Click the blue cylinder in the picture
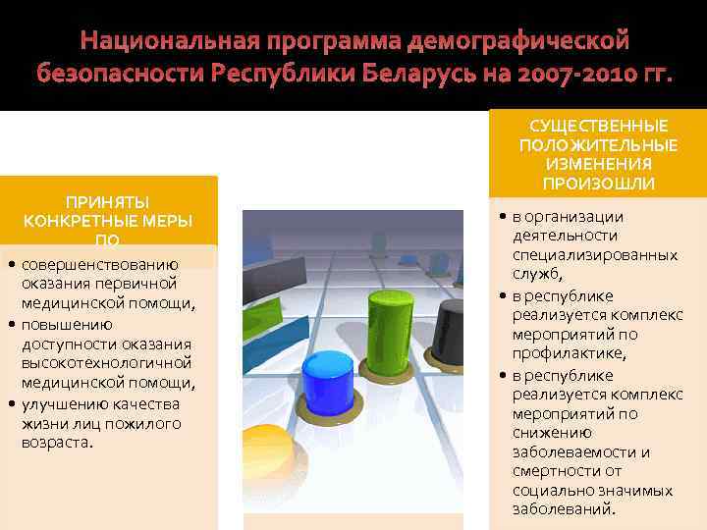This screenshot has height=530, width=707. pos(329,389)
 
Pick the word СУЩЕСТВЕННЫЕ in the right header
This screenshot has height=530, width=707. pos(599,126)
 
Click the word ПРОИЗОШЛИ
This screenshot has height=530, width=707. pos(599,184)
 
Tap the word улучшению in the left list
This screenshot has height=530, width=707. pos(64,403)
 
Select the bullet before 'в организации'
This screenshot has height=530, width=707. pos(502,217)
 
